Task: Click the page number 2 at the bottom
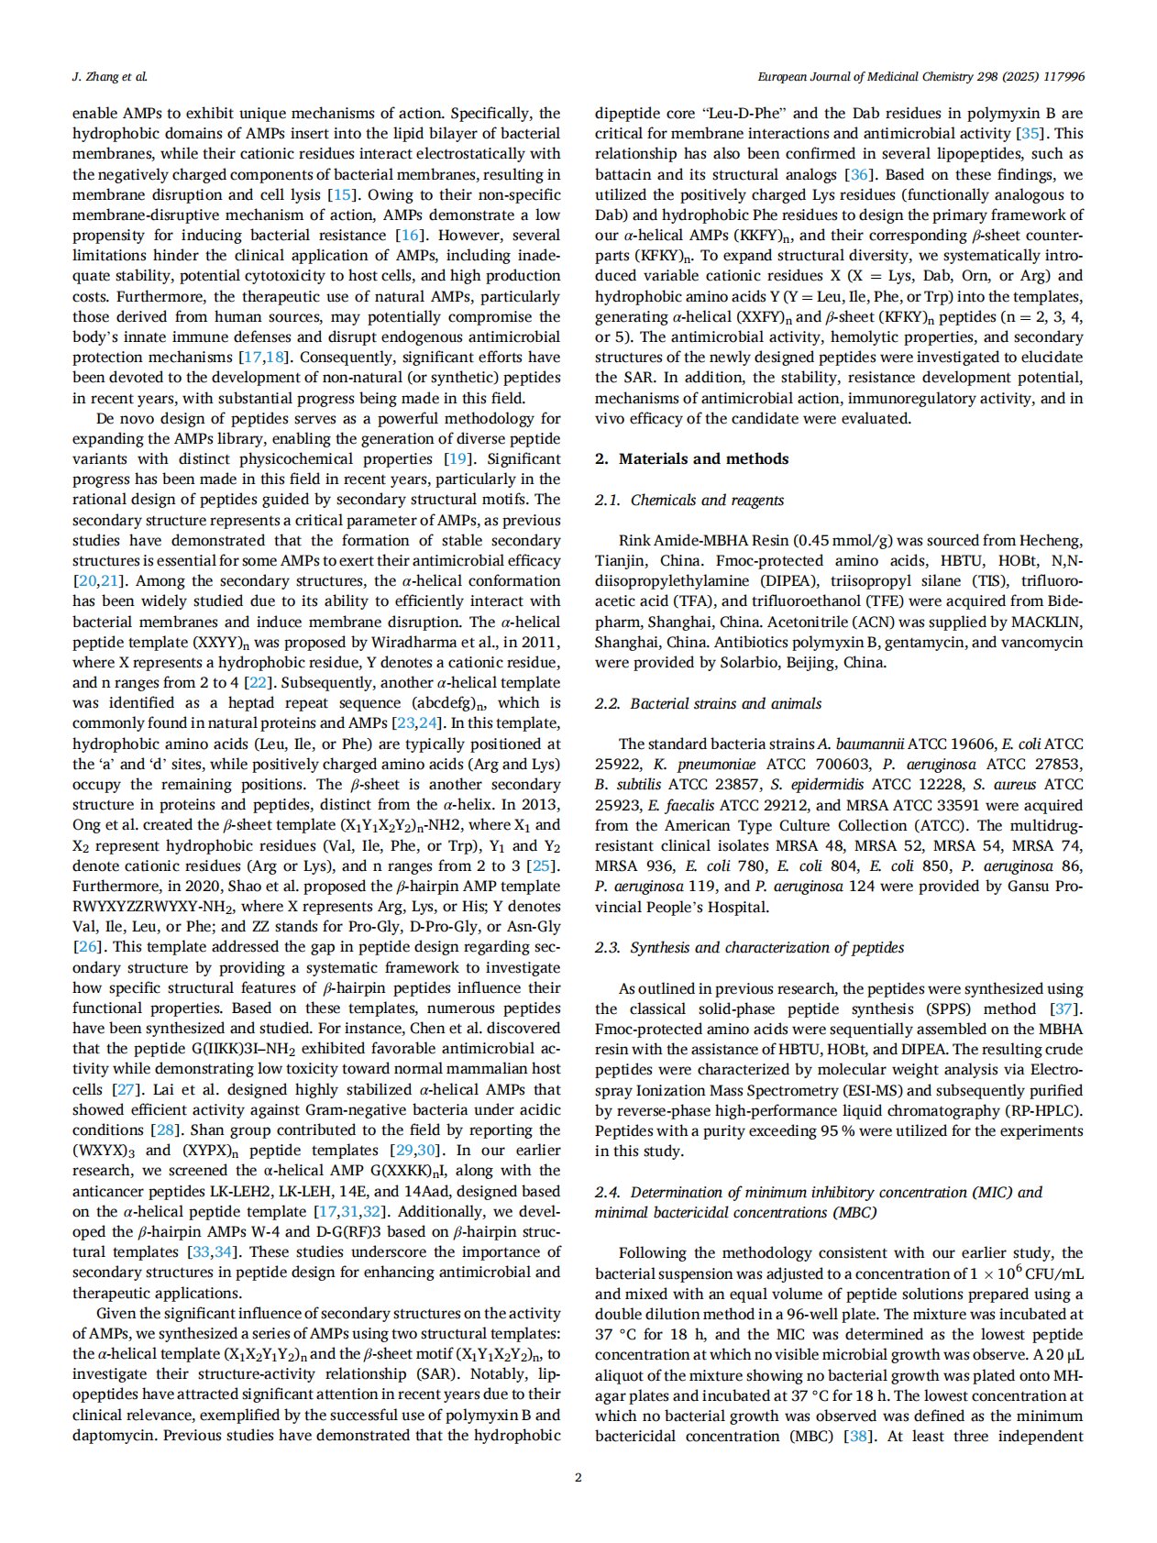[x=578, y=1477]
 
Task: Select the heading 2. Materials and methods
[x=691, y=458]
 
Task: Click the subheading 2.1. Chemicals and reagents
[x=689, y=500]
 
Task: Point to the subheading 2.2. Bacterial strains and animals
[x=708, y=703]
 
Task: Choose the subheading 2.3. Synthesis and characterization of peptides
[x=749, y=947]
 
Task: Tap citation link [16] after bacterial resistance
[x=408, y=236]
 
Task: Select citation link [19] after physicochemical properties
[x=456, y=458]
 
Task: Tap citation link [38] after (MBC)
[x=857, y=1436]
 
